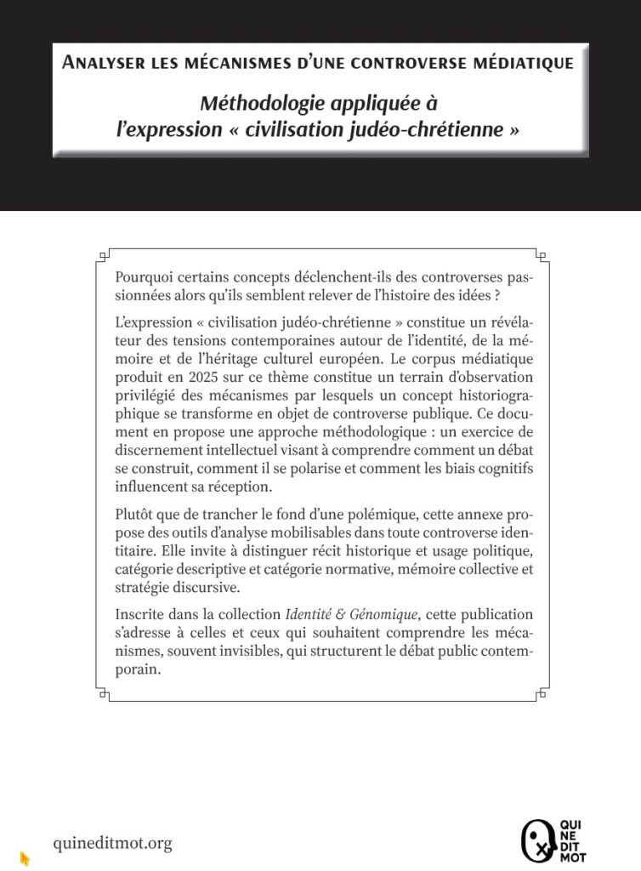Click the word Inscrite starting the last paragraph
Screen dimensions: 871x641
[140, 613]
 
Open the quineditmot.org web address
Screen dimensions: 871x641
[112, 843]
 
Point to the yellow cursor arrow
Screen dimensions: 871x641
[25, 858]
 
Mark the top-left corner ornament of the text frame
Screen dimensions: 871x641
[104, 254]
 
